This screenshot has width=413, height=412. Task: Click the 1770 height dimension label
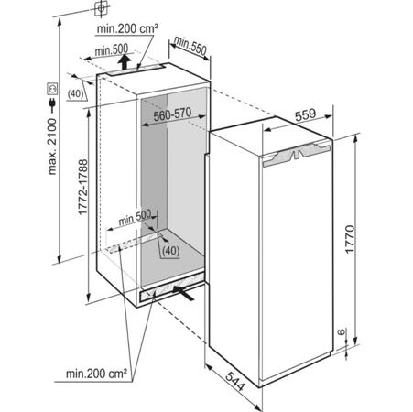350,239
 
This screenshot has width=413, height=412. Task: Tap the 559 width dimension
305,114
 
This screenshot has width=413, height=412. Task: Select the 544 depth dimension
235,381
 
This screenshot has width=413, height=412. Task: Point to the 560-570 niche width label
172,114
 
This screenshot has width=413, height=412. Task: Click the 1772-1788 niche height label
82,187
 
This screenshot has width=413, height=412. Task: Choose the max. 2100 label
52,146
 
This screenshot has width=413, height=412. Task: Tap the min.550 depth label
190,45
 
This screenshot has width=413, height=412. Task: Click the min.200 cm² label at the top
127,29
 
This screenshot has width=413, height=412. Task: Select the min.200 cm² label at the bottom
96,374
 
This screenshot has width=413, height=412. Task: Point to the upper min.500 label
112,49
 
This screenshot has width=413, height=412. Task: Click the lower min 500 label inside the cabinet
135,217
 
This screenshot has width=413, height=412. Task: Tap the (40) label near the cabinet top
75,93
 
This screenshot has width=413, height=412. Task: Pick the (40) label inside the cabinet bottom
170,251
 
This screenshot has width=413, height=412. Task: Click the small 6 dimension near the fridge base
342,331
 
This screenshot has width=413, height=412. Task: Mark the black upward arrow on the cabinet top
125,61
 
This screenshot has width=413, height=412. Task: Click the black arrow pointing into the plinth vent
183,292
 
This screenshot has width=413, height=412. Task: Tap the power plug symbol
52,104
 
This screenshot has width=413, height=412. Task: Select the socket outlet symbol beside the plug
52,89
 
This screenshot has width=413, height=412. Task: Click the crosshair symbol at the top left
101,8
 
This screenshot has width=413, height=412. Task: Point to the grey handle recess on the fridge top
297,155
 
